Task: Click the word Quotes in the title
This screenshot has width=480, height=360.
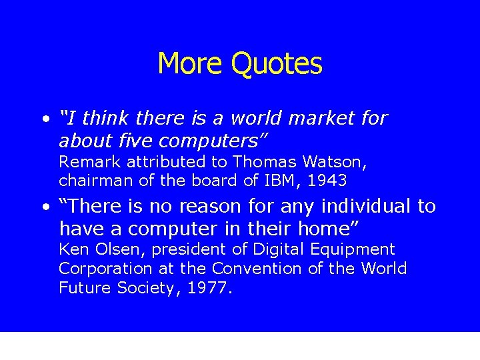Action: (x=277, y=64)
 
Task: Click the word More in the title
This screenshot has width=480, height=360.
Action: (x=191, y=64)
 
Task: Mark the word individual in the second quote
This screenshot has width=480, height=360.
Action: (x=361, y=207)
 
